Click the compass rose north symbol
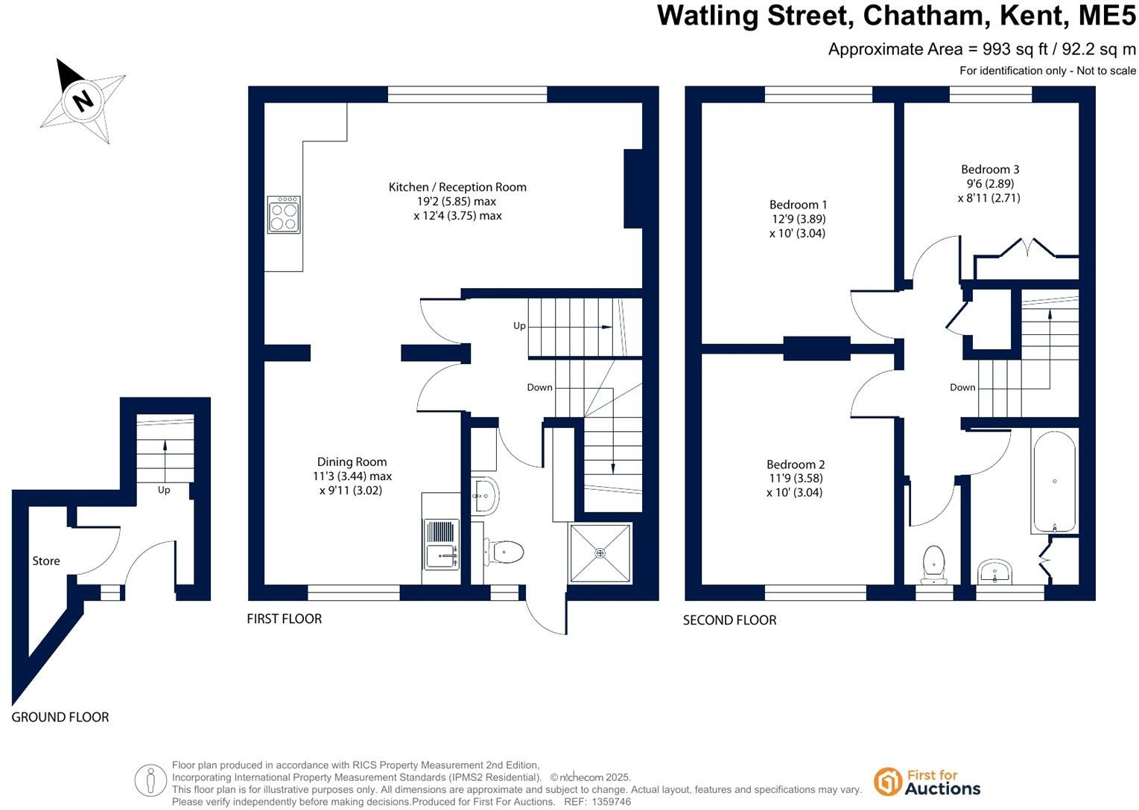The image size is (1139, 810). click(82, 100)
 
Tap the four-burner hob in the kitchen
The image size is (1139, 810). click(283, 214)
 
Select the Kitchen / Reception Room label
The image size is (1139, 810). click(457, 188)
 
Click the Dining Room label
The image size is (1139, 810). click(352, 462)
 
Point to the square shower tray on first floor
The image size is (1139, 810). click(600, 553)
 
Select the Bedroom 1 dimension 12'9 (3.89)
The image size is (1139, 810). click(798, 219)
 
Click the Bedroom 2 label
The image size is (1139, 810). click(796, 464)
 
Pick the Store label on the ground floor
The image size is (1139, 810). click(46, 561)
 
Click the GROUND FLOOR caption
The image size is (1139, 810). click(60, 718)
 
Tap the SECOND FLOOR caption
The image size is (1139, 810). click(729, 620)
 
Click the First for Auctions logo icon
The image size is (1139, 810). click(887, 782)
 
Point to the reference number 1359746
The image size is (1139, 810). click(610, 802)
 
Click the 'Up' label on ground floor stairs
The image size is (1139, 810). click(164, 490)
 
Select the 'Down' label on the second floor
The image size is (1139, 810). click(962, 387)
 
